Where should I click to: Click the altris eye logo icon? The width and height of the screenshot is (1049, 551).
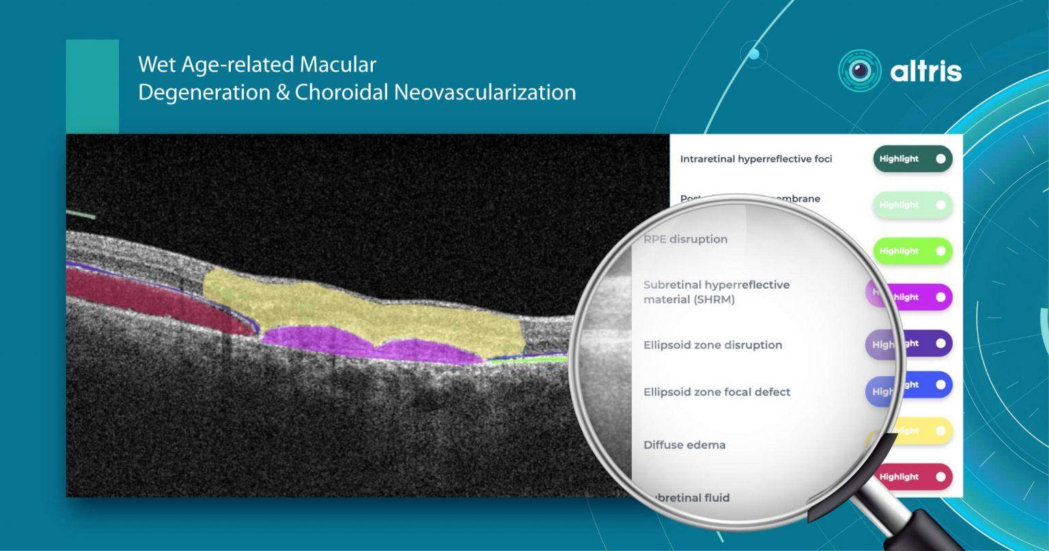coord(859,70)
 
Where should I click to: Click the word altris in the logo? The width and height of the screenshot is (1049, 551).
coord(925,71)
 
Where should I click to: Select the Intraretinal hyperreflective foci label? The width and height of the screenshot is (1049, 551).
coord(756,159)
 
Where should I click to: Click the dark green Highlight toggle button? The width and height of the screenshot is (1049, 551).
coord(912,159)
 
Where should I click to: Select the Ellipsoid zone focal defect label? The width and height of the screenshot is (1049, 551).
coord(716,392)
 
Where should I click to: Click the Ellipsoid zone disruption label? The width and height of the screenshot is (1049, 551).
coord(712,345)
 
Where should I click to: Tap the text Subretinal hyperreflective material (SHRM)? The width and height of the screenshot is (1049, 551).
coord(716,292)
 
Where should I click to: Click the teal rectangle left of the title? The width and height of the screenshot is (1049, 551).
coord(92,86)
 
